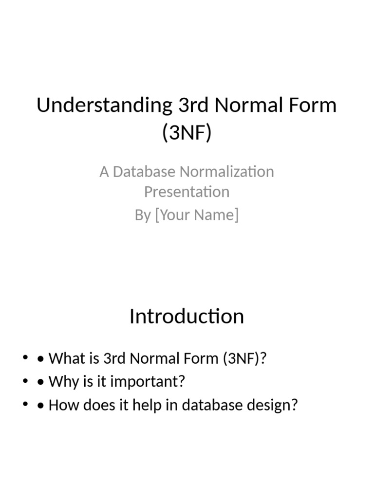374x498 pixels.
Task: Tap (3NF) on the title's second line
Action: pos(187,133)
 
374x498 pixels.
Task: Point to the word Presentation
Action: pos(187,192)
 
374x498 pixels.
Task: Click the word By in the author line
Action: pos(143,215)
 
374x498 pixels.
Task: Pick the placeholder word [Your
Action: pos(174,215)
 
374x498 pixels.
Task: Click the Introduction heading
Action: pos(187,317)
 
